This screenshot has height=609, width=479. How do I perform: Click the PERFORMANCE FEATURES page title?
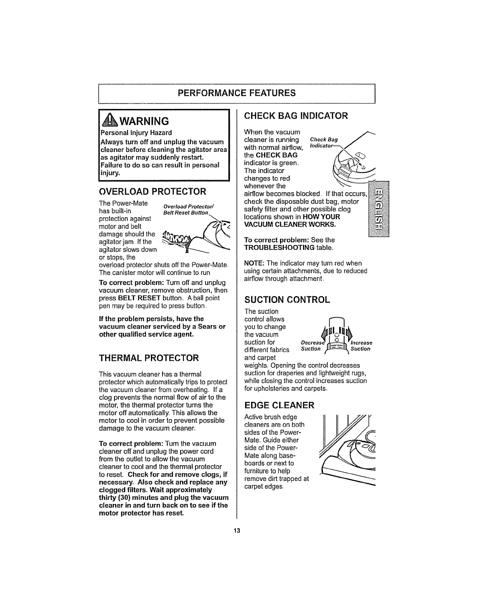[x=236, y=93]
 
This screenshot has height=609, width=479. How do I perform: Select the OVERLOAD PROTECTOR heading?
[x=152, y=191]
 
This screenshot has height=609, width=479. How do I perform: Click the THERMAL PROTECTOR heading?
[x=149, y=358]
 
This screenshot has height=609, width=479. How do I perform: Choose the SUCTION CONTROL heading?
[x=287, y=300]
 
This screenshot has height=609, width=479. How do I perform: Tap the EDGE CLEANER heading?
[x=280, y=405]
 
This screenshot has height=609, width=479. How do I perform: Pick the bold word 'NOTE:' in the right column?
[x=253, y=263]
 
